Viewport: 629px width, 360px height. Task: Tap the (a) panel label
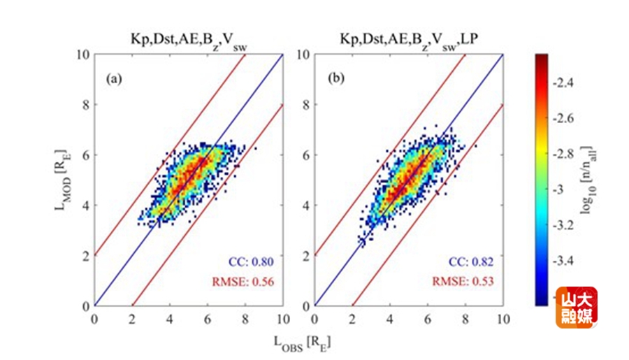click(114, 79)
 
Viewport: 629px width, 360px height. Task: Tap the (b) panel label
click(336, 79)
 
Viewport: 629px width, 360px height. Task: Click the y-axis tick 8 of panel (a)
click(86, 104)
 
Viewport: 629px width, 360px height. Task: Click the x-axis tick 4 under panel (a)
click(170, 319)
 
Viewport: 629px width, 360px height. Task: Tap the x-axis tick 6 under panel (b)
click(427, 319)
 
